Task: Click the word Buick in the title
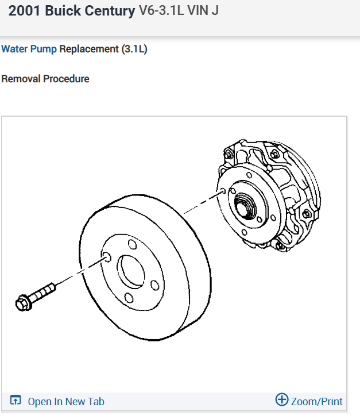pos(60,11)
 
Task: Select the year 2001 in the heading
pos(24,11)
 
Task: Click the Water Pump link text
pos(29,49)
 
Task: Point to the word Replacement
pos(88,49)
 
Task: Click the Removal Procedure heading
pos(45,79)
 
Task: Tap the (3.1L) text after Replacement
pos(134,49)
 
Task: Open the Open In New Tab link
pos(66,402)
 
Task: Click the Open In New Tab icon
pos(16,401)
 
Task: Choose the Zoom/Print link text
pos(316,402)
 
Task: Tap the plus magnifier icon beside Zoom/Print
pos(281,400)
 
